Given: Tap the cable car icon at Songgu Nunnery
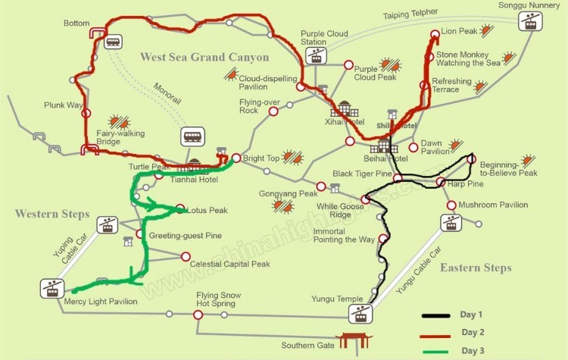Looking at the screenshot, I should (529, 23).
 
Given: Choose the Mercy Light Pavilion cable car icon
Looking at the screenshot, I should (52, 288).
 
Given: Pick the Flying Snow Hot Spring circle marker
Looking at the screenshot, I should (198, 314).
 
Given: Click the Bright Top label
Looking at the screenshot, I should (259, 158).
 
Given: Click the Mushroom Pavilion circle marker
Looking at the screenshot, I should (451, 205).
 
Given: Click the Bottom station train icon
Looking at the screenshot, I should (113, 42).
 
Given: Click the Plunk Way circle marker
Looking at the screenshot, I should (86, 114).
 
